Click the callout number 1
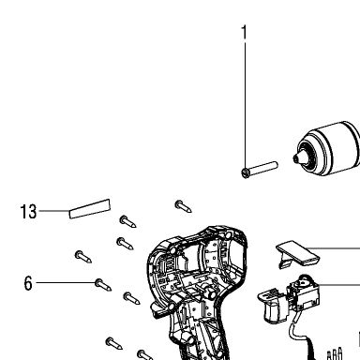tap(244, 33)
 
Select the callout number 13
tap(28, 212)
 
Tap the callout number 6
tap(28, 283)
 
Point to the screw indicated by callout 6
tap(103, 285)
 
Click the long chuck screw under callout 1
tap(260, 170)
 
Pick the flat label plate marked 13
tap(90, 208)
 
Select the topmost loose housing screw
tap(183, 206)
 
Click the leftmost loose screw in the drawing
tap(83, 257)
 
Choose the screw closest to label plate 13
tap(127, 221)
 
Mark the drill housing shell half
tap(197, 291)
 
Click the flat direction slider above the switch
tap(297, 254)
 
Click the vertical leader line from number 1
tap(245, 105)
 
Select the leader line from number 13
tap(53, 211)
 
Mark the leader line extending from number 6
tap(66, 282)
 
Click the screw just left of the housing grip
tap(131, 298)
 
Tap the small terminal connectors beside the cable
tap(335, 354)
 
